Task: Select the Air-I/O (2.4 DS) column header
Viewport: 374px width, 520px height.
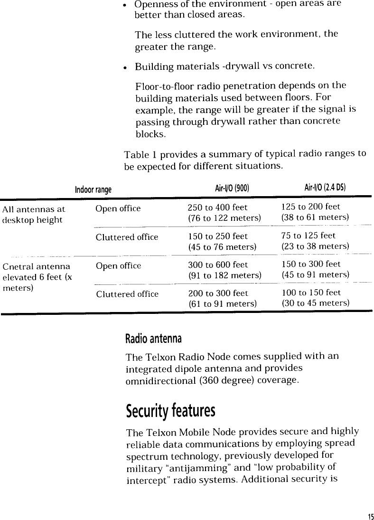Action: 325,189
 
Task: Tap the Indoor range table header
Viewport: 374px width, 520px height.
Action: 93,190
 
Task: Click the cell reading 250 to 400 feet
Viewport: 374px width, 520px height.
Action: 218,208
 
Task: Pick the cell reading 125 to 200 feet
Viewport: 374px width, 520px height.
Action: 311,207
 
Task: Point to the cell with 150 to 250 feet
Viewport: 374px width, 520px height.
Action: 218,236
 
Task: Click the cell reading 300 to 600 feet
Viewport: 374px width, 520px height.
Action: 218,265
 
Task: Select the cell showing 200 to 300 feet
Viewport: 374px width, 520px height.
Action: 218,293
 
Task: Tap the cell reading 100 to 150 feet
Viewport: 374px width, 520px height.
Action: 311,293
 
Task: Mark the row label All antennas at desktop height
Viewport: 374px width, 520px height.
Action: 34,214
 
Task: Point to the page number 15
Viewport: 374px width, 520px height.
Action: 370,516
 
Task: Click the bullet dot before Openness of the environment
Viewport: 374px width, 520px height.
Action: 124,5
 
